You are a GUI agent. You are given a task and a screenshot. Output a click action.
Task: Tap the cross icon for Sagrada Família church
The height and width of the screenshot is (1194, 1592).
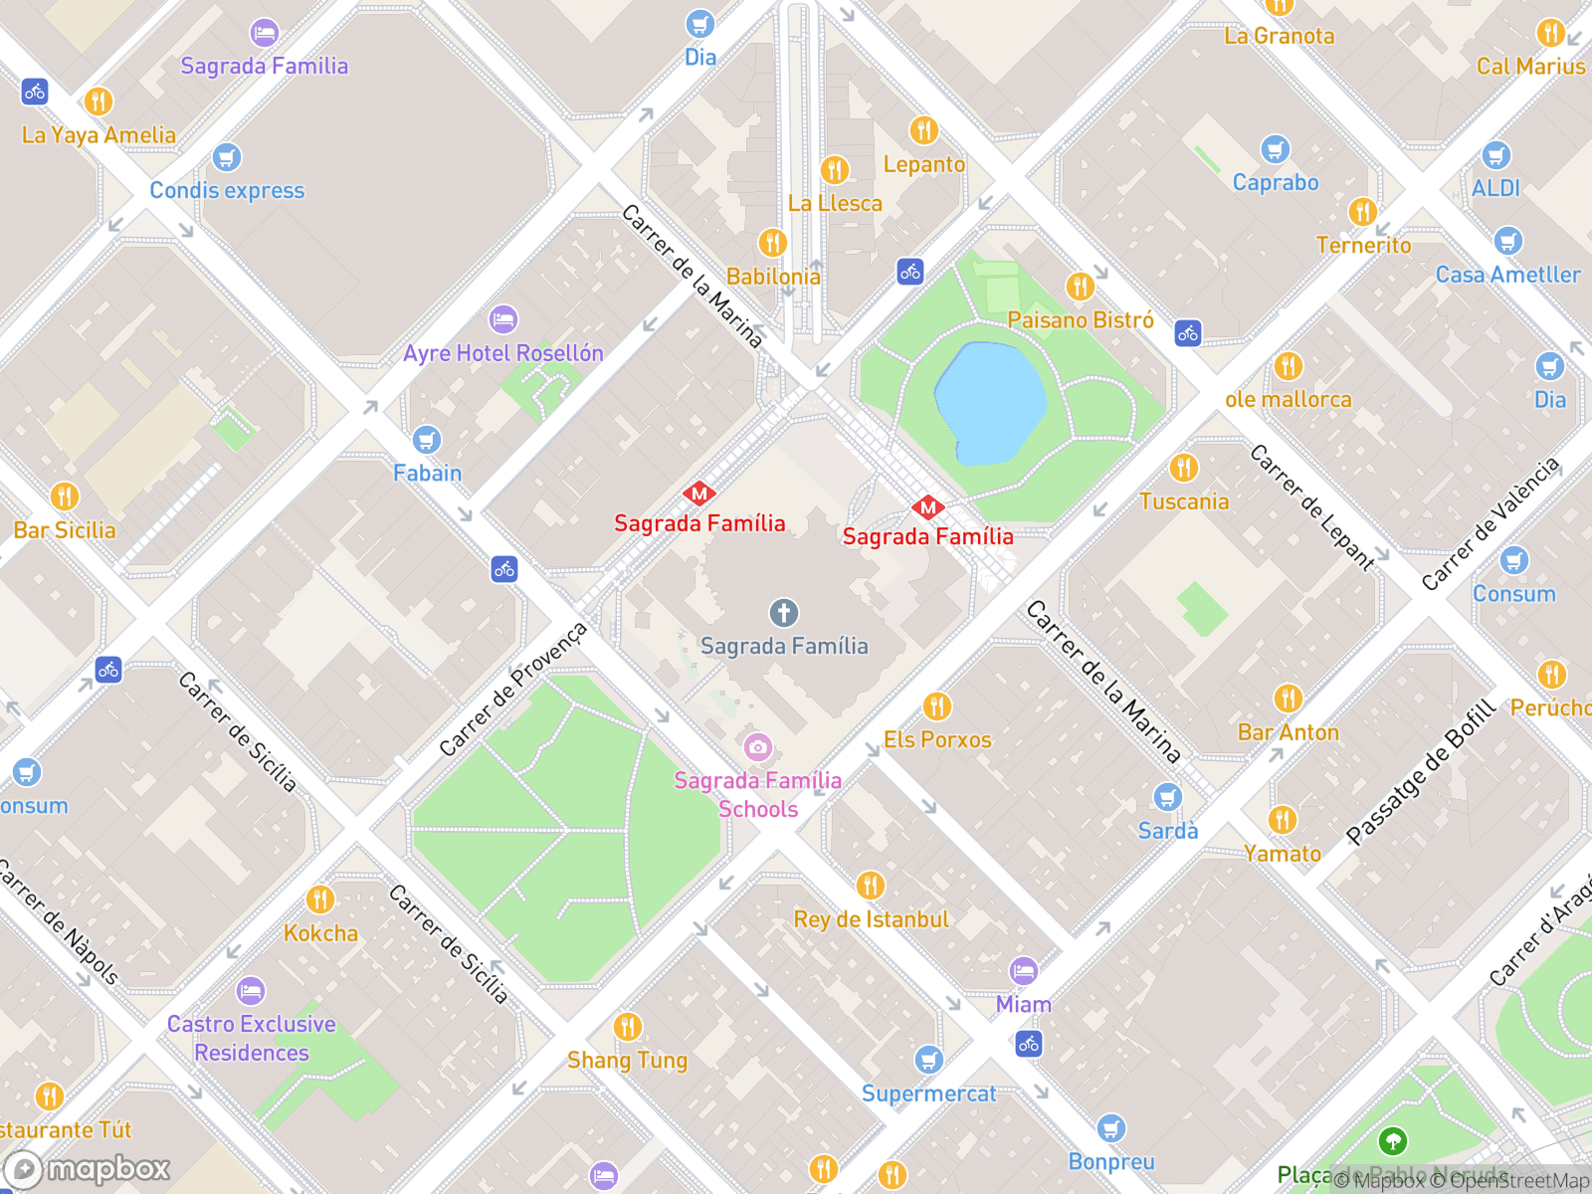click(784, 613)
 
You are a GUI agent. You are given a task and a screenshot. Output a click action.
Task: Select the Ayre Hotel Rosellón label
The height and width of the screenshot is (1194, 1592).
click(503, 353)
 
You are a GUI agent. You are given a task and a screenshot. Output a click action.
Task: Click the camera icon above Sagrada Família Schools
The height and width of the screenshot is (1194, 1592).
click(758, 746)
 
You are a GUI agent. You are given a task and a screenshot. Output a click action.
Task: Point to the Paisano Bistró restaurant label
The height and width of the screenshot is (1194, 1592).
click(1081, 320)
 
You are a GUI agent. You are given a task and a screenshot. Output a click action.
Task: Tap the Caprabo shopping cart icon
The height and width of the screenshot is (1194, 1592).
click(1275, 150)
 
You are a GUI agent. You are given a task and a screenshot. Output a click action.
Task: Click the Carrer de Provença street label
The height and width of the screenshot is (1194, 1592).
click(513, 689)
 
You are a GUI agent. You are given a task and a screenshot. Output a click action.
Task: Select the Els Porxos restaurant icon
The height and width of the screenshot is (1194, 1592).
click(936, 706)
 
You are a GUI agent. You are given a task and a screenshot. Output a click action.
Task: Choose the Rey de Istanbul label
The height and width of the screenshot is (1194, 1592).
click(871, 919)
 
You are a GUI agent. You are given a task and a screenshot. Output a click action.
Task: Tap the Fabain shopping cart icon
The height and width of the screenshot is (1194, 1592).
click(427, 440)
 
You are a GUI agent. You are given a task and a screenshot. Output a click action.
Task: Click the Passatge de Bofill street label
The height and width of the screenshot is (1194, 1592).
click(1421, 772)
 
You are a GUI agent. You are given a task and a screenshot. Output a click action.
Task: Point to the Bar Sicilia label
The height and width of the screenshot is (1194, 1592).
click(65, 530)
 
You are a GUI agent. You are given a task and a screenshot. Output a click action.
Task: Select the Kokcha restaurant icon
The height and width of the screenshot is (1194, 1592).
click(320, 899)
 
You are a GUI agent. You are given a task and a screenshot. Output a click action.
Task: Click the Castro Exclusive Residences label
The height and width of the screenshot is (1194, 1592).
click(252, 1038)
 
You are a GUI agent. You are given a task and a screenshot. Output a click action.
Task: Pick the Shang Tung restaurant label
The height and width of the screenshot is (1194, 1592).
click(627, 1061)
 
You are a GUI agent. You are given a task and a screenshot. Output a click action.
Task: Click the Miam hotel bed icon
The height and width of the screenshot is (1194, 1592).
click(1024, 970)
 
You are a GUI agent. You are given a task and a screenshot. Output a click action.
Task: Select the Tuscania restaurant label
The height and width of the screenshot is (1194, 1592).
click(1184, 501)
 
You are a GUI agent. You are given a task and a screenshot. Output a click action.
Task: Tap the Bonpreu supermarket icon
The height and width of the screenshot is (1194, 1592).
click(1111, 1128)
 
